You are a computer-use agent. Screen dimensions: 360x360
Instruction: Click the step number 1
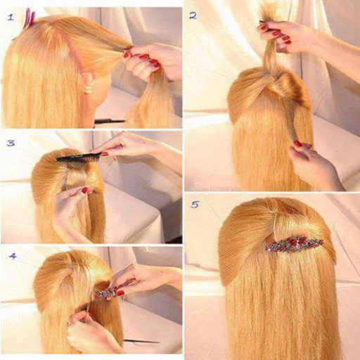[11, 18]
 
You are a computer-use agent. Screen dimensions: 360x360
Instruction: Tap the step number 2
[193, 15]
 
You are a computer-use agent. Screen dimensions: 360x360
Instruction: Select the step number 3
[11, 143]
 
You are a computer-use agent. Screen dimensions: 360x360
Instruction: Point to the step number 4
[13, 256]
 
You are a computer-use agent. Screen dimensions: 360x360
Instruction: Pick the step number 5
[195, 205]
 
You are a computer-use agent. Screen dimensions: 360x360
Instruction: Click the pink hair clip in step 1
[30, 18]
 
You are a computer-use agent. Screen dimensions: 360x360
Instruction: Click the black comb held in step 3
[79, 157]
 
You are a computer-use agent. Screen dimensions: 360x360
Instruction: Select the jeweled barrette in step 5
[295, 245]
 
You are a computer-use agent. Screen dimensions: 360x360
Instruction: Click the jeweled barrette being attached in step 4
[106, 292]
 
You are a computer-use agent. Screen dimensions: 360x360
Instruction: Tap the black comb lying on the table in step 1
[110, 122]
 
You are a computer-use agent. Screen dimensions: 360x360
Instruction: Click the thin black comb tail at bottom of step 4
[141, 341]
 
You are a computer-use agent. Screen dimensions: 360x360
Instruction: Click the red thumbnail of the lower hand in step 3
[84, 190]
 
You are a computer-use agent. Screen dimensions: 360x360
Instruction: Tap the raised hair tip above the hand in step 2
[266, 12]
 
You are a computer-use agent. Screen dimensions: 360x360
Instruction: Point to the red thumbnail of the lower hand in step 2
[297, 143]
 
